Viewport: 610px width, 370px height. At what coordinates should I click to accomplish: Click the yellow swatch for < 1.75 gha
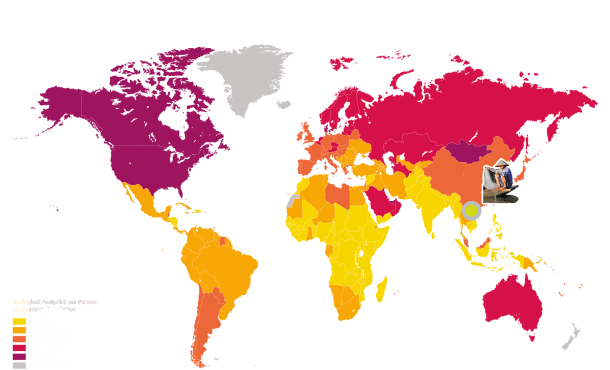(19, 321)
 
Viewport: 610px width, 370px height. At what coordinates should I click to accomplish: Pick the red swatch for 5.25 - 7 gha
(19, 348)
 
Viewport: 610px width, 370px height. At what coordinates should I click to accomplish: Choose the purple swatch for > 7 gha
(19, 356)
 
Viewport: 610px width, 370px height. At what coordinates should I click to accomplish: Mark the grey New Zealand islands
(572, 338)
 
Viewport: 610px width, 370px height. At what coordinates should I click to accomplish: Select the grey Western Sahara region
(292, 201)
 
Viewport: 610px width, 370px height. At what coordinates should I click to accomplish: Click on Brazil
(234, 264)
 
